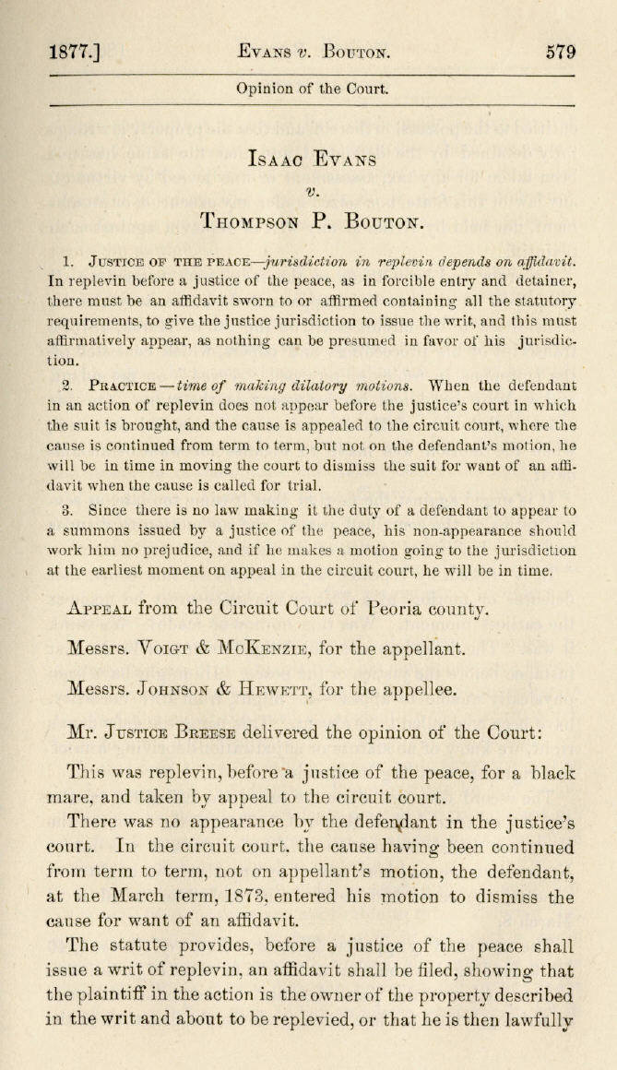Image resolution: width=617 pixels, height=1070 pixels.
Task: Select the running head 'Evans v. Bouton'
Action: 312,53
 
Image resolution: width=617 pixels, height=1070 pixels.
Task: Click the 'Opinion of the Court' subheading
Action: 312,89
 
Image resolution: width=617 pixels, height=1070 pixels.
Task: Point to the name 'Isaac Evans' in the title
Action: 312,159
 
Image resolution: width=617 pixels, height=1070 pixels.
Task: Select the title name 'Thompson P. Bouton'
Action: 312,221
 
